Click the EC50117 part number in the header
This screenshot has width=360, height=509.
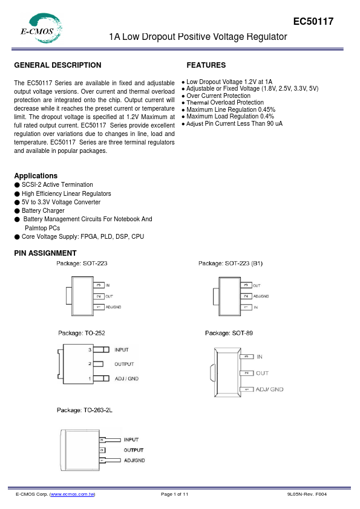313,22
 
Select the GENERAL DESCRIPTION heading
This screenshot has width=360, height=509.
57,65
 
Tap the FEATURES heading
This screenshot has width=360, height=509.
206,65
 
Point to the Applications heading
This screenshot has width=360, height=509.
36,176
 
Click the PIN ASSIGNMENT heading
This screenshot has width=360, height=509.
45,253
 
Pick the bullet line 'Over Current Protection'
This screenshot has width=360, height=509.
218,96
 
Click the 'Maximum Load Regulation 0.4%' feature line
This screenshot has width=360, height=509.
230,116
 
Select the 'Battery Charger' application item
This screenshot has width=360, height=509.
43,210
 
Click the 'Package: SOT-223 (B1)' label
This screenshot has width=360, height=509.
231,264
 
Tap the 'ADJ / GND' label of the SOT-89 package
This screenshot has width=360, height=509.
269,389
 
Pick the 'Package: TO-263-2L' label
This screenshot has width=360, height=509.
85,410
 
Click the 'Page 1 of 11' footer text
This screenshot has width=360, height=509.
175,494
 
